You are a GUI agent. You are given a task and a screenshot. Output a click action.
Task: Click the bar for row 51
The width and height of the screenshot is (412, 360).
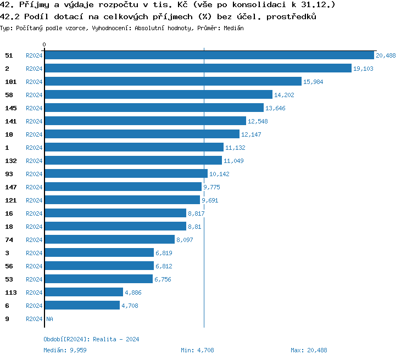[x=209, y=55]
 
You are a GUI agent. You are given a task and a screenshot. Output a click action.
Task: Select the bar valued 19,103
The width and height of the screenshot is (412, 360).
[x=198, y=68]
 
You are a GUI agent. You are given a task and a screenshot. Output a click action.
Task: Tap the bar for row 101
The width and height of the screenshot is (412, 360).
[x=173, y=81]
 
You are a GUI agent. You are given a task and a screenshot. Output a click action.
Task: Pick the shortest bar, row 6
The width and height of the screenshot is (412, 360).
[x=82, y=305]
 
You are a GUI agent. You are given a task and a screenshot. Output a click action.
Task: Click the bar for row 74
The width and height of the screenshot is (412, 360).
[x=109, y=239]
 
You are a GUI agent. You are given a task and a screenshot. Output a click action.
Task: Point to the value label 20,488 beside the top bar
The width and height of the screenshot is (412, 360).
[x=386, y=55]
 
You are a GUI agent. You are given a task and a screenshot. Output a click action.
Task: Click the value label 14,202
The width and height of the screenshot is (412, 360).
[x=285, y=95]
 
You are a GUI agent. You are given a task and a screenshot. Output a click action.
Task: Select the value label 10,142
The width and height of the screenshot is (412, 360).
[x=220, y=174]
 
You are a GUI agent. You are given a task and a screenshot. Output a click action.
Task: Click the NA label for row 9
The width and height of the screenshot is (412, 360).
[x=49, y=319]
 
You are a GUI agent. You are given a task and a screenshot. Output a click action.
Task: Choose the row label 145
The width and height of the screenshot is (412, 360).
[x=11, y=108]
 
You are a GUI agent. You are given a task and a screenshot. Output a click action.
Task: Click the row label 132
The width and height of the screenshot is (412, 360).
[x=11, y=161]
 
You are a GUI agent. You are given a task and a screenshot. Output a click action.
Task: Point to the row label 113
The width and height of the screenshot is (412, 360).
[x=11, y=292]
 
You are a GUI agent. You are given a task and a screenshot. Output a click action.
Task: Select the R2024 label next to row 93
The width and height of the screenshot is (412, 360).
[x=34, y=174]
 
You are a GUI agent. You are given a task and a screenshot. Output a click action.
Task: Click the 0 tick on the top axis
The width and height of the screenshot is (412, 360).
[x=44, y=44]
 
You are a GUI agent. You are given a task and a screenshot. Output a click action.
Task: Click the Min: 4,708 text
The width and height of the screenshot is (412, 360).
[x=197, y=350]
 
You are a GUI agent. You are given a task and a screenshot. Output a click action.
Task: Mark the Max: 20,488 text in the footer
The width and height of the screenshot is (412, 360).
[x=309, y=350]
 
